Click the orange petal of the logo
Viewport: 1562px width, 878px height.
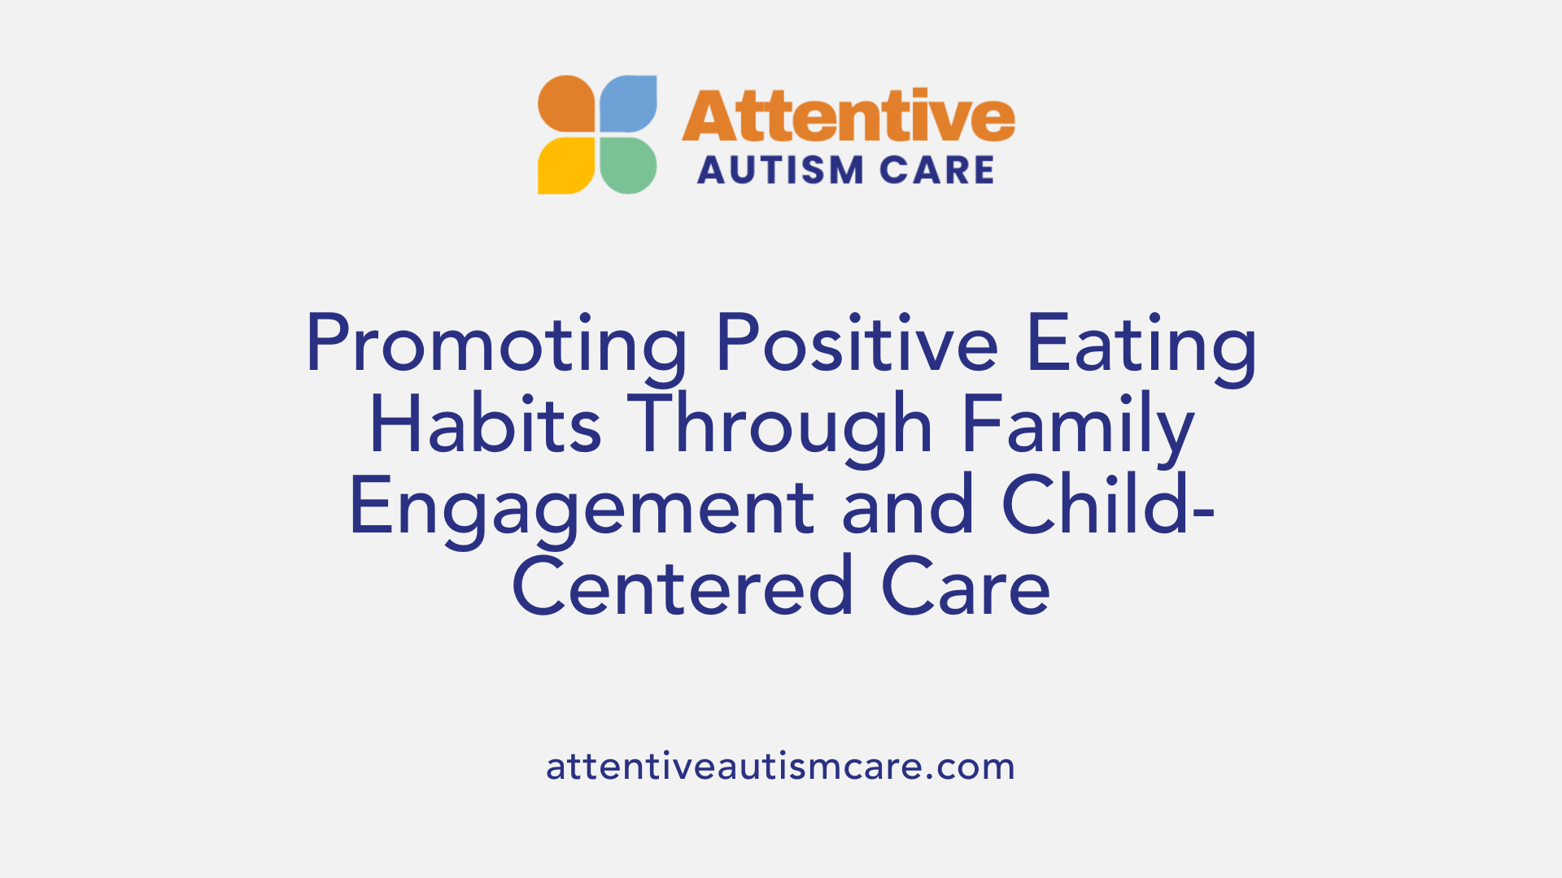click(567, 103)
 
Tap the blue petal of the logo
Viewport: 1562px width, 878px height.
click(628, 103)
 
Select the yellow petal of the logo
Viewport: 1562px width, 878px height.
click(567, 165)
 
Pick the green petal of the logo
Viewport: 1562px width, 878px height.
click(628, 165)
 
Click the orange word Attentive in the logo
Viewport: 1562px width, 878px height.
click(848, 116)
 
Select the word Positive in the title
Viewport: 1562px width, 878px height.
click(857, 345)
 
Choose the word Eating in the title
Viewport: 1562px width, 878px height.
click(1141, 345)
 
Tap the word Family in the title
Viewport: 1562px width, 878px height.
click(1078, 425)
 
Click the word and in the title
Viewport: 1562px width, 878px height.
click(907, 506)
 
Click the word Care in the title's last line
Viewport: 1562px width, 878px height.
click(966, 588)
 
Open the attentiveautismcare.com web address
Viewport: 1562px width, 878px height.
click(780, 767)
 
